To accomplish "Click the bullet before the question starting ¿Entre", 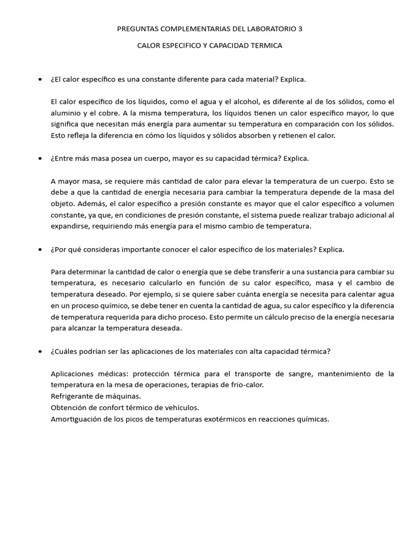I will coord(40,159).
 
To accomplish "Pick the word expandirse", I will coord(70,226).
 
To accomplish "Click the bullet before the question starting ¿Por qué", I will coord(40,249).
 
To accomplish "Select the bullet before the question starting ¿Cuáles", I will coord(40,351).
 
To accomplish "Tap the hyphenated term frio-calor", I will coord(246,385).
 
